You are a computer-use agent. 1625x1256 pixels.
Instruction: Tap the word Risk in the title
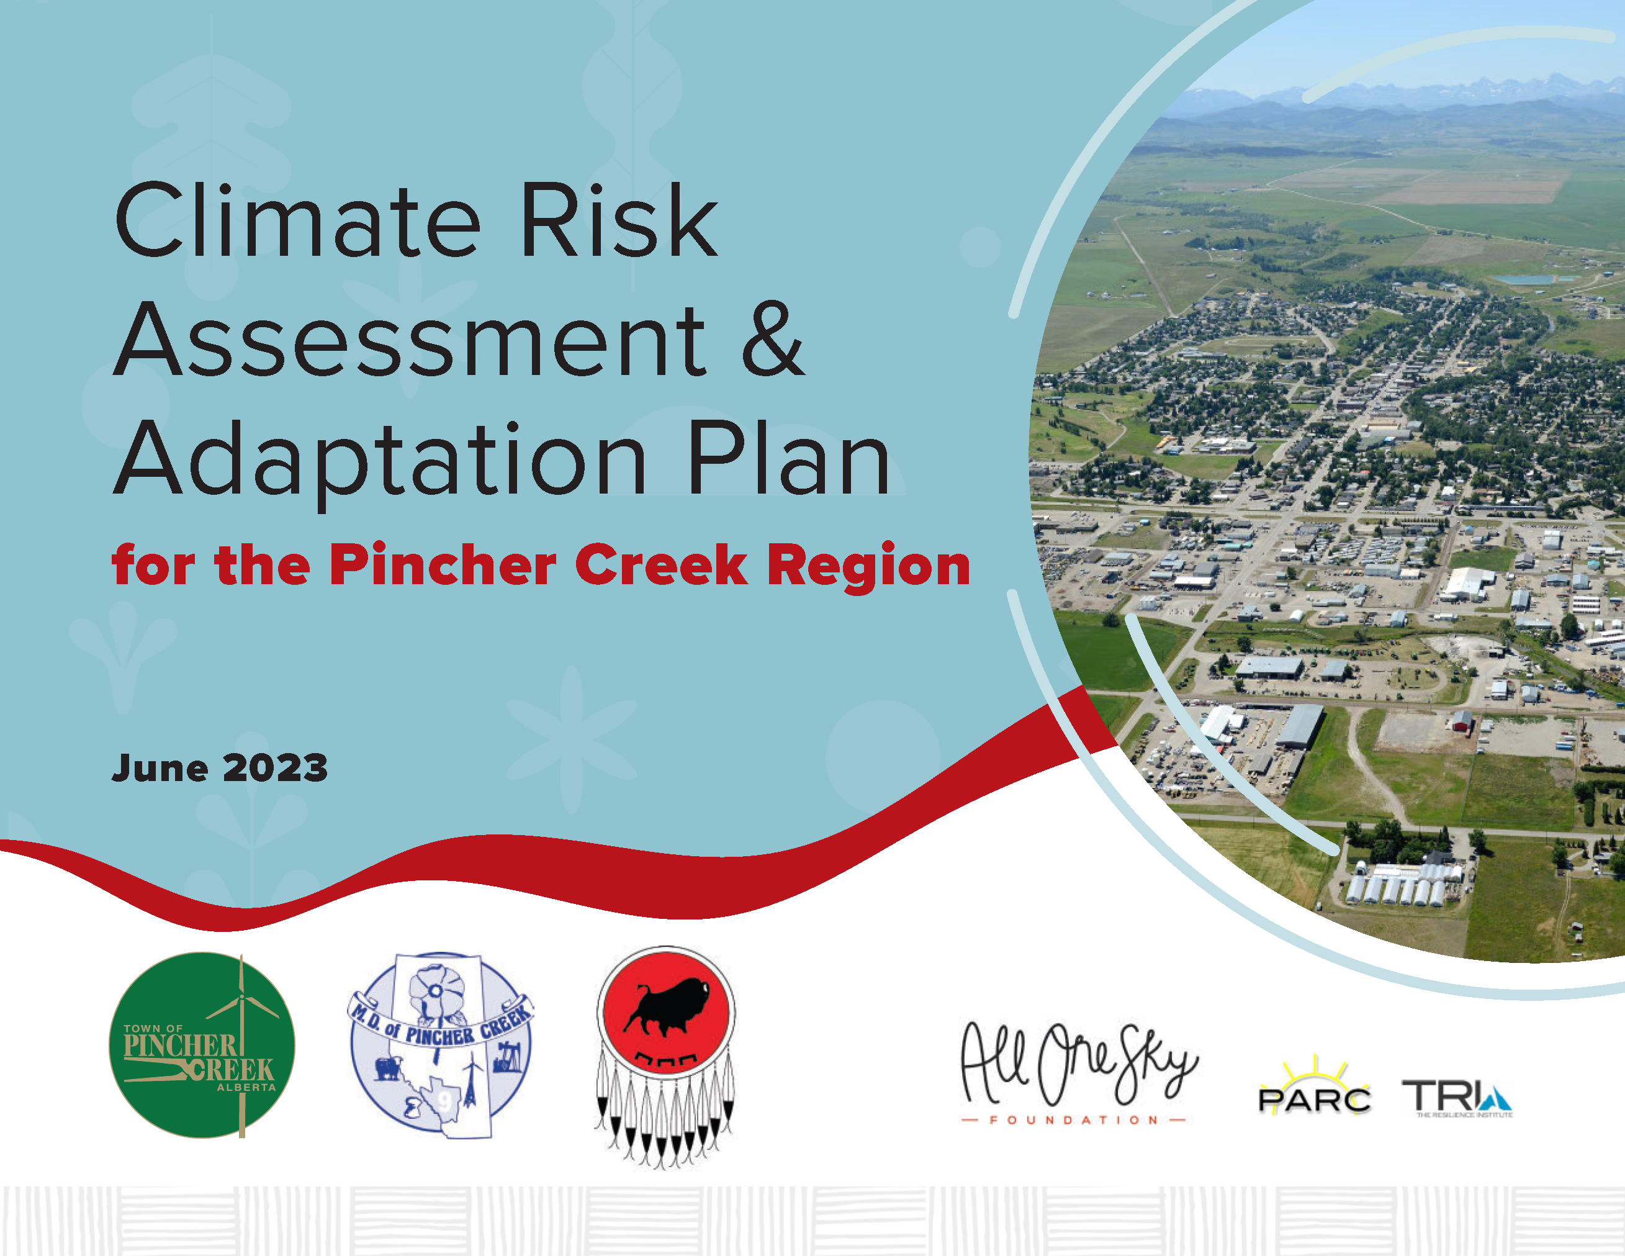tap(619, 220)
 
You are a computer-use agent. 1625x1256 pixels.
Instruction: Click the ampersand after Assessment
tap(773, 339)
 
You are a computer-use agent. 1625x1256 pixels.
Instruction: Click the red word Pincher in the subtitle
tap(443, 565)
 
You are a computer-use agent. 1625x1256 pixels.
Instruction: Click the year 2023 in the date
tap(276, 768)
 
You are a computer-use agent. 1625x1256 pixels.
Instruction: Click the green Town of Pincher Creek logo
tap(202, 1046)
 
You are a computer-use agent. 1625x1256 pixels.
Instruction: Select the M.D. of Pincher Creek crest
tap(441, 1046)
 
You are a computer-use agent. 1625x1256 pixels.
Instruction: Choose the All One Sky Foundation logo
tap(1078, 1072)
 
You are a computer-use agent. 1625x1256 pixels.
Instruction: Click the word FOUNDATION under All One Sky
tap(1074, 1120)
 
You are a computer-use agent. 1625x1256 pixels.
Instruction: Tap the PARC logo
tap(1314, 1088)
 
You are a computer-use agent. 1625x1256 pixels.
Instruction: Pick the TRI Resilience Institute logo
tap(1457, 1099)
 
